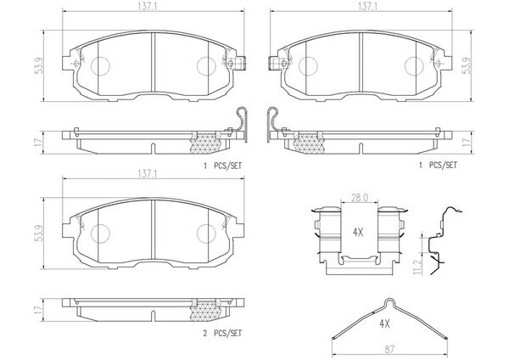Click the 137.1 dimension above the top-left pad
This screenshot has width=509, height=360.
148,7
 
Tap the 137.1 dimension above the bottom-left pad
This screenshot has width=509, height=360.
148,174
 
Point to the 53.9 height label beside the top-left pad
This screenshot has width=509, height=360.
40,66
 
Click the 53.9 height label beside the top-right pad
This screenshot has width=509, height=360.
467,66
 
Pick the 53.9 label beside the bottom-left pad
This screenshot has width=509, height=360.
40,233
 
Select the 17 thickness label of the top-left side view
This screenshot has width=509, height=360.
40,142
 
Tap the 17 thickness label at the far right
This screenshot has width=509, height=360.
467,142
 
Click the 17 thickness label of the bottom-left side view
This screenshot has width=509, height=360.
40,309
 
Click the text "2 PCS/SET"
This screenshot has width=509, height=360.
222,333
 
